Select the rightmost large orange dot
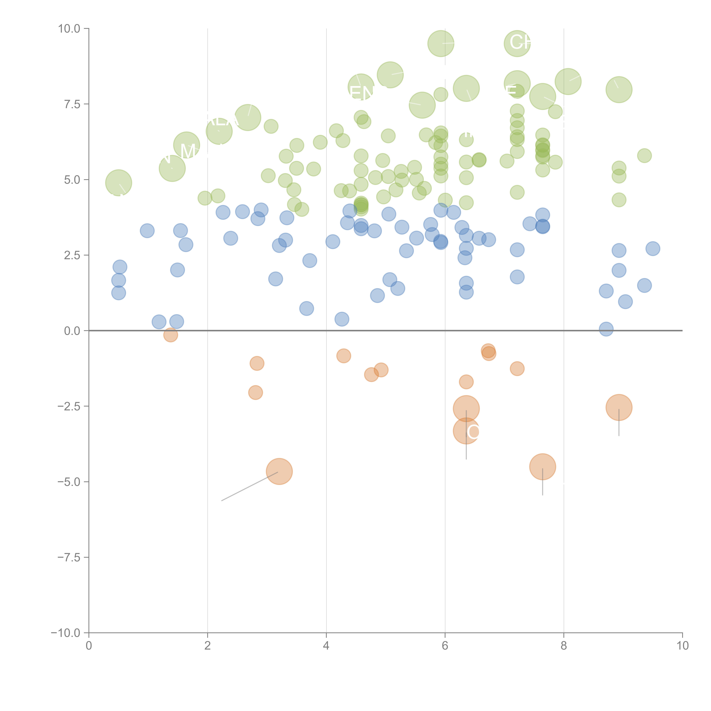point(619,407)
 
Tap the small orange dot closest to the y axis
point(170,335)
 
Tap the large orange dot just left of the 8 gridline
point(542,467)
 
